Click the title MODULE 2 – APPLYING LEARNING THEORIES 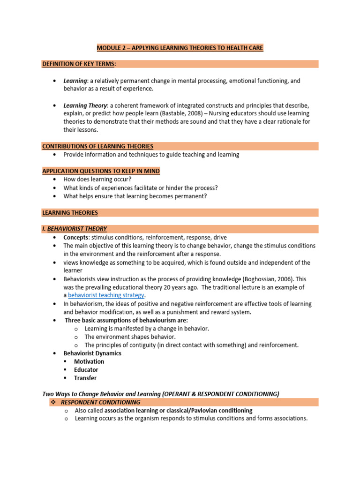[x=180, y=48]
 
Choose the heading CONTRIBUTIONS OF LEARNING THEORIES [x=97, y=146]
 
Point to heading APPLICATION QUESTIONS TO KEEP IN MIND [x=101, y=171]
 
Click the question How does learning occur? [x=97, y=180]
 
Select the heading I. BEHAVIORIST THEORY [x=75, y=229]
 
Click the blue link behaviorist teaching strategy [x=106, y=295]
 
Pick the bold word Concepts [x=76, y=238]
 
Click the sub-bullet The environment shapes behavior [x=130, y=337]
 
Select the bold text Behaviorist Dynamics [x=92, y=353]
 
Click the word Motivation [x=89, y=361]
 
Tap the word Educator [x=86, y=370]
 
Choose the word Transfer [x=85, y=378]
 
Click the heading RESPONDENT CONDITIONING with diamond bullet [x=100, y=402]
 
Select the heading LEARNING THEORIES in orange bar [x=70, y=212]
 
